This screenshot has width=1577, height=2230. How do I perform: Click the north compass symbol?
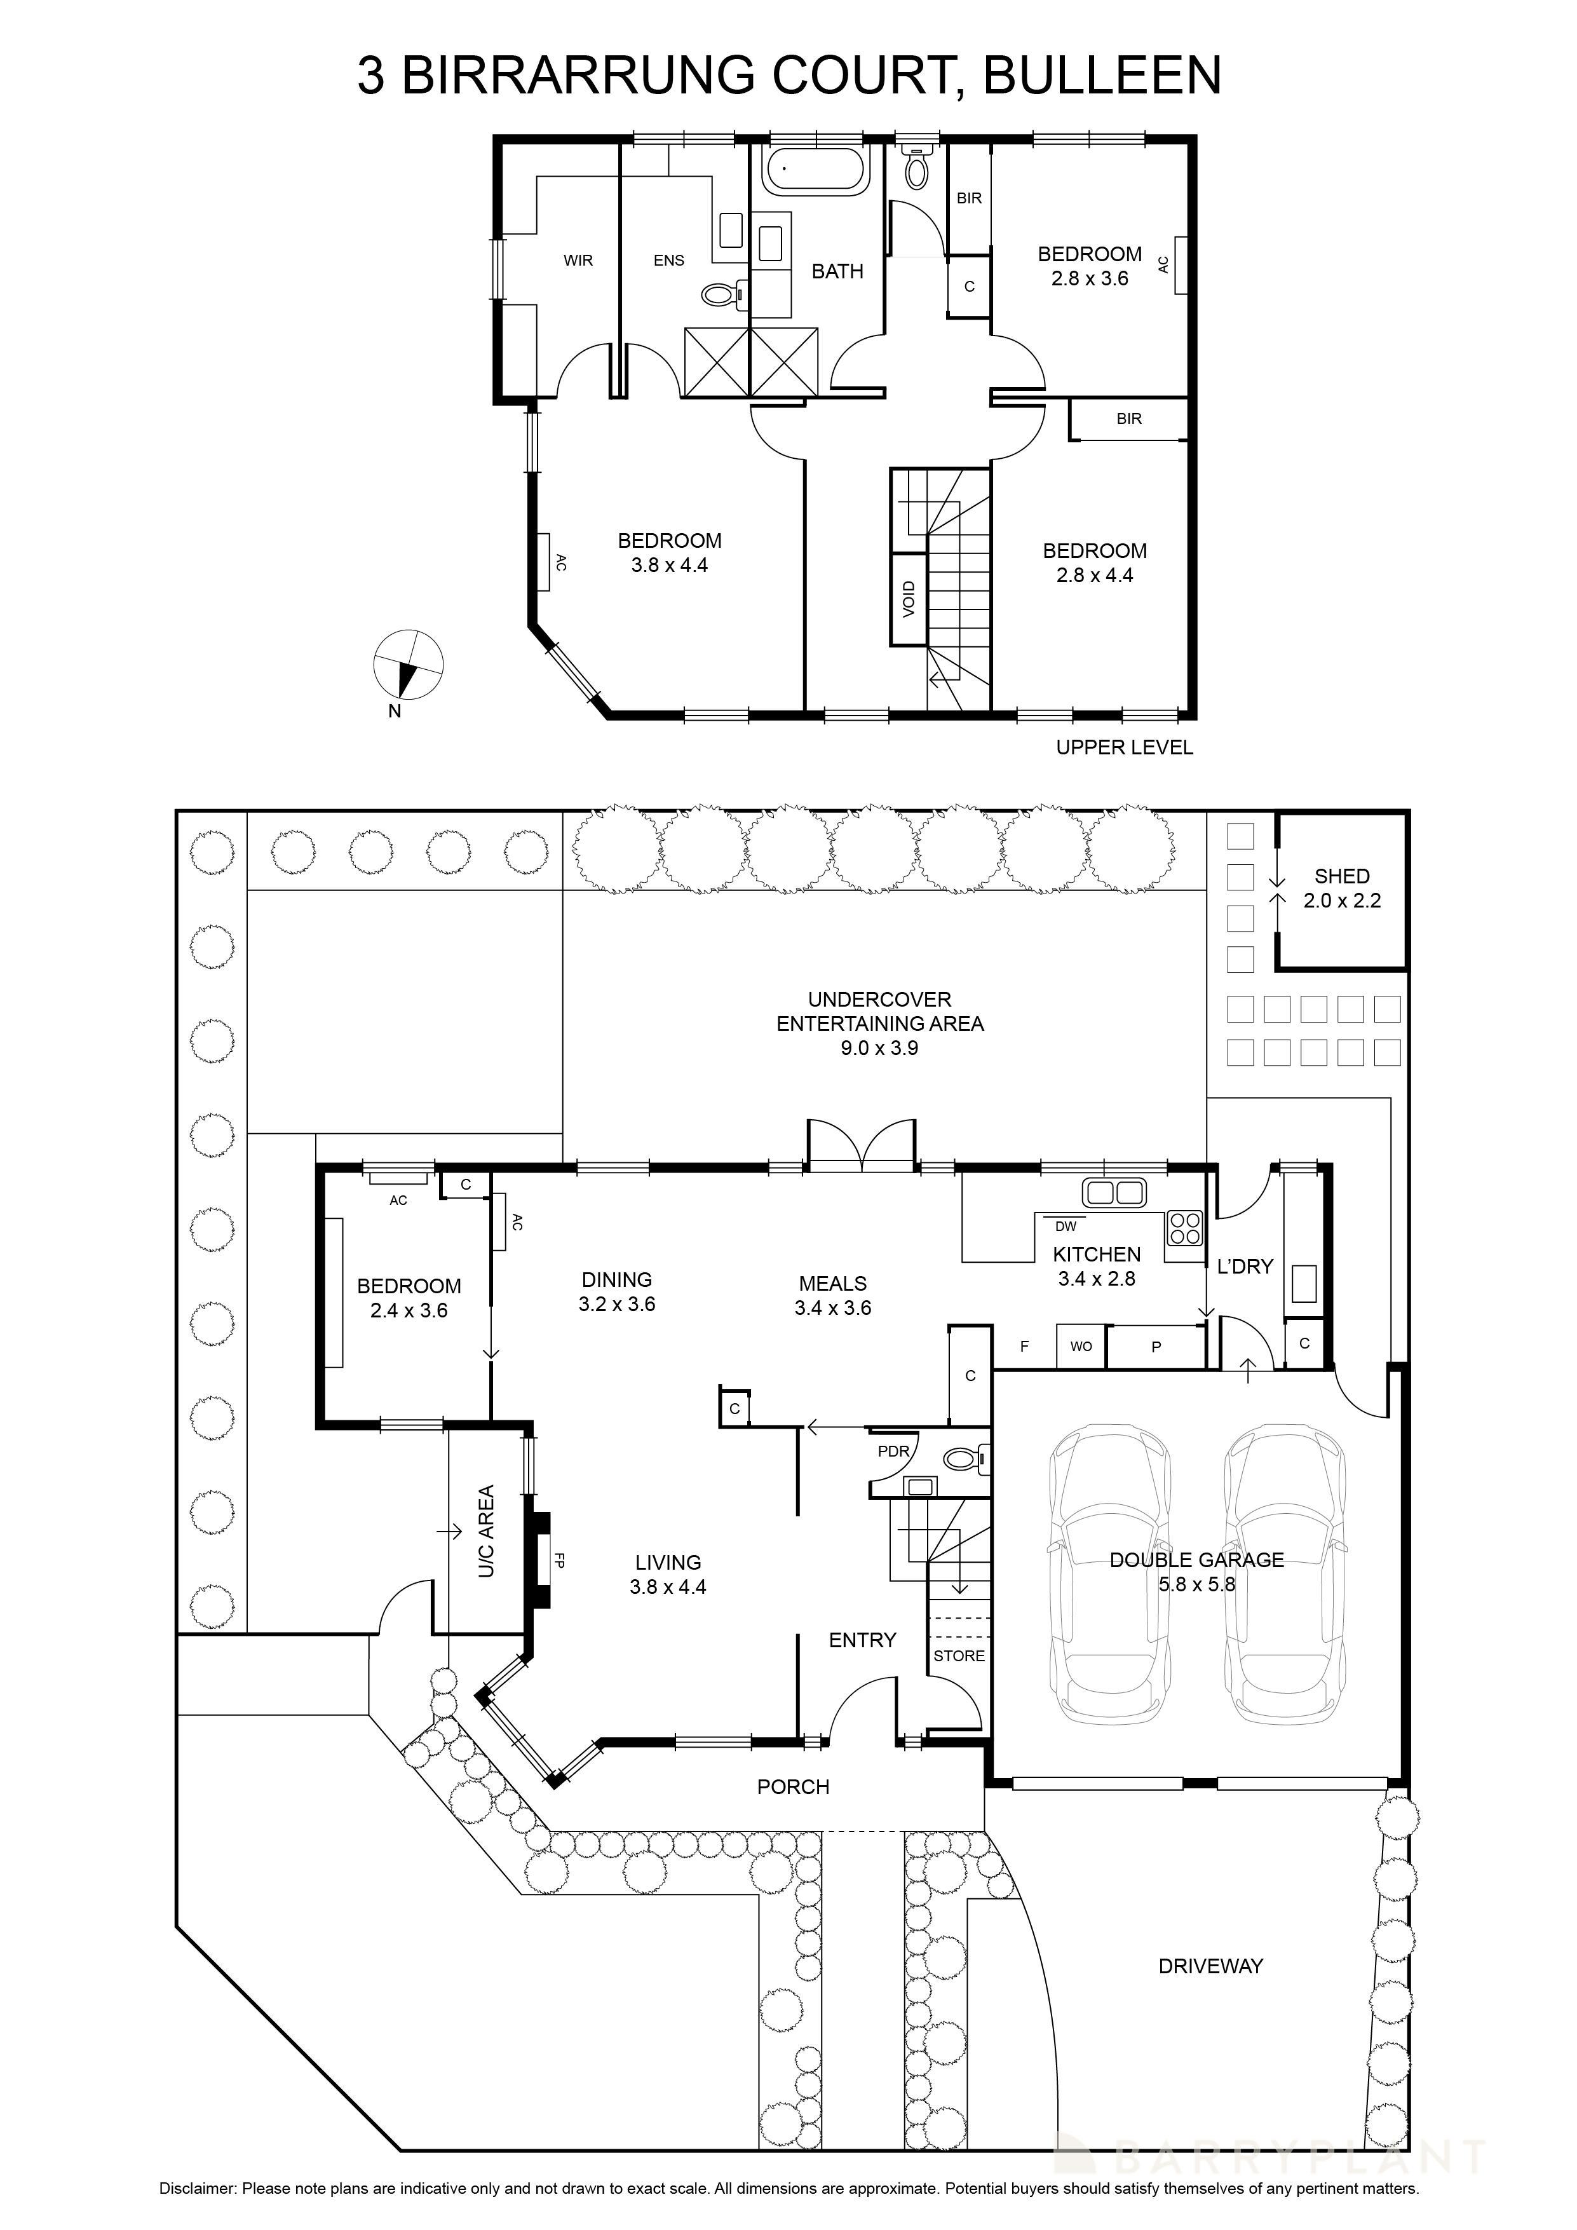click(x=409, y=665)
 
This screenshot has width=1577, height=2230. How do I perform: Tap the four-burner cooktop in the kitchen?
click(x=1185, y=1228)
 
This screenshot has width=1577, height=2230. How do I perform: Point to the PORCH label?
click(x=794, y=1787)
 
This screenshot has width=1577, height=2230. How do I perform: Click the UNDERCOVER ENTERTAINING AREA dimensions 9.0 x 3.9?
click(x=879, y=1048)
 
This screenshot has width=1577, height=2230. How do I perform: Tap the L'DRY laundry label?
click(x=1244, y=1267)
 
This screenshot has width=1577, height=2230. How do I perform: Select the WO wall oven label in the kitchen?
click(x=1081, y=1346)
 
